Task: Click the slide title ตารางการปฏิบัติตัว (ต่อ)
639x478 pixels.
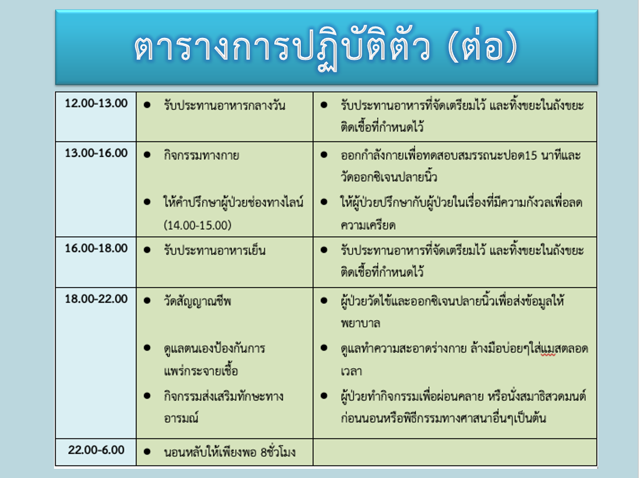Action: tap(326, 48)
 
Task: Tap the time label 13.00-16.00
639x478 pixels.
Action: tap(96, 153)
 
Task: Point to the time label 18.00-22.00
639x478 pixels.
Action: tap(96, 299)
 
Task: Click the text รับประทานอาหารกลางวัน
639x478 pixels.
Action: tap(224, 105)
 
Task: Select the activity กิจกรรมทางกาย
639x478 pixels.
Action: tap(201, 155)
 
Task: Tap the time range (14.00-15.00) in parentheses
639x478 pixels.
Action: tap(198, 225)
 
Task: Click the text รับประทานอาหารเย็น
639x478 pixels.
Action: tap(215, 250)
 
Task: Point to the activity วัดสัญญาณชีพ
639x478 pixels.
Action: tap(197, 301)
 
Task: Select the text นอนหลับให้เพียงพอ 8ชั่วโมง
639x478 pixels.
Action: tap(229, 452)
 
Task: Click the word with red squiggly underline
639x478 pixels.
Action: tap(548, 349)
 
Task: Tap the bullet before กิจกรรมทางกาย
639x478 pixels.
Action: tap(147, 155)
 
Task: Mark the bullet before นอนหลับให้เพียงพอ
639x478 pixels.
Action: tap(147, 452)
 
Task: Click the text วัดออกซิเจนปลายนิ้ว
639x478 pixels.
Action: tap(389, 177)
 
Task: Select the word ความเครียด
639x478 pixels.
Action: tap(368, 225)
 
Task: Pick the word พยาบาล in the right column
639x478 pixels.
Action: tap(361, 324)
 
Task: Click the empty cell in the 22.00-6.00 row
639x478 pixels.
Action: tap(455, 452)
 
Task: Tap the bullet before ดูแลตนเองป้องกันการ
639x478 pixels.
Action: tap(147, 348)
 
